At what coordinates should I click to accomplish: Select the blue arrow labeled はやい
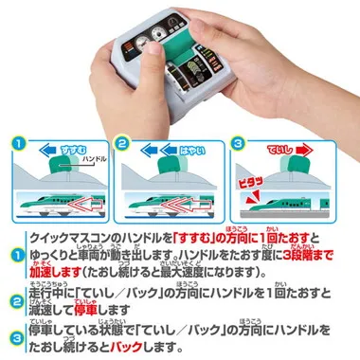(179, 149)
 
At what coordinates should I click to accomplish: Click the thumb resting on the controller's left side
(106, 52)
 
